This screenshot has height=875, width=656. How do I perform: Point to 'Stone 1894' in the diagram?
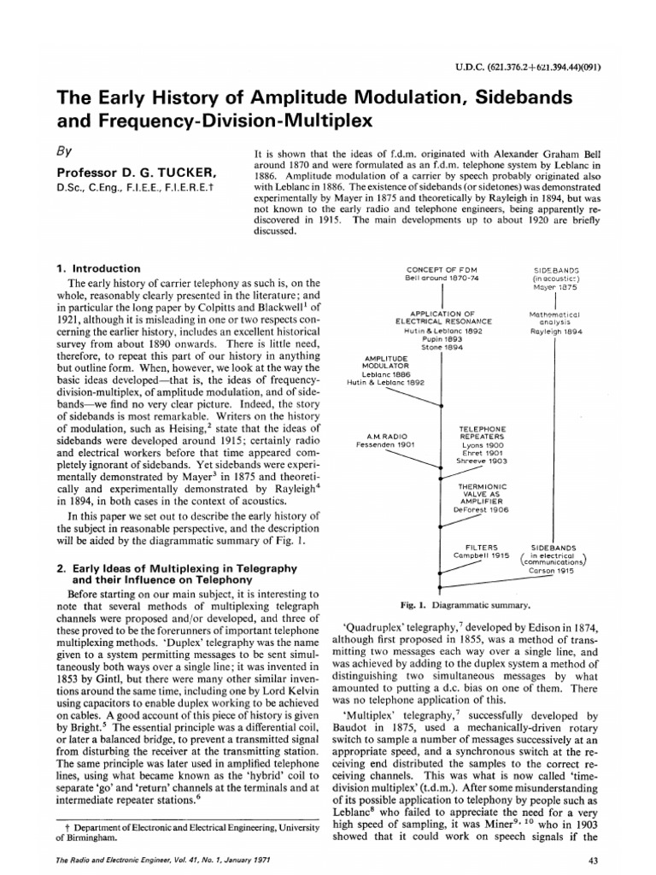click(442, 348)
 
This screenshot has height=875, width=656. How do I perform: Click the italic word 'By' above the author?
click(64, 151)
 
